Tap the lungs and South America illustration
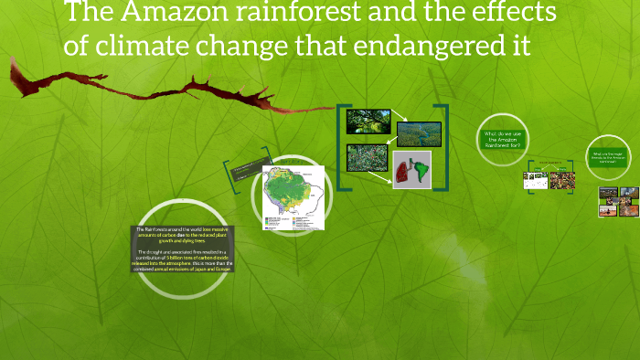pyautogui.click(x=411, y=170)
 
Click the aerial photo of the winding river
pyautogui.click(x=419, y=133)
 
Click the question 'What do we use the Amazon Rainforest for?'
pyautogui.click(x=504, y=139)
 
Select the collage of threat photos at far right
pyautogui.click(x=618, y=202)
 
